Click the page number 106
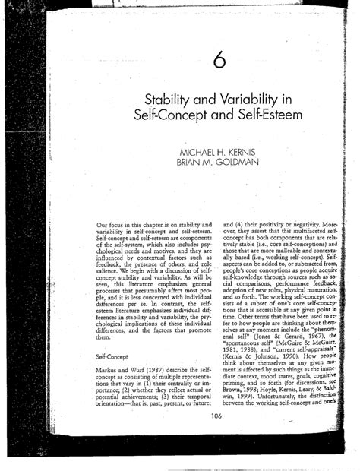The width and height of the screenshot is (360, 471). (x=217, y=416)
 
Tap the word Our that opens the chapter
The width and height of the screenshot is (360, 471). (x=103, y=226)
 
